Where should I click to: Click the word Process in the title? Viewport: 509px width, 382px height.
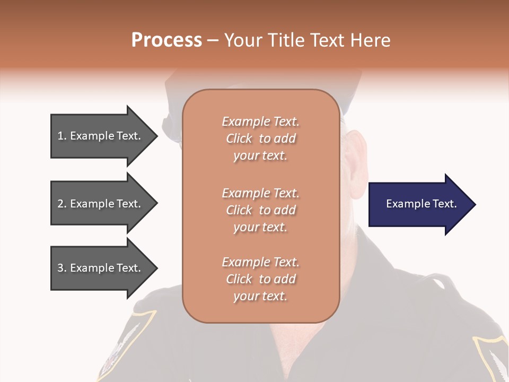pos(166,40)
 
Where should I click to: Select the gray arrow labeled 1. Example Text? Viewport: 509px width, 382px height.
pos(101,136)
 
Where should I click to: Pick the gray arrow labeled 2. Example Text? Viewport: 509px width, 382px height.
pos(101,204)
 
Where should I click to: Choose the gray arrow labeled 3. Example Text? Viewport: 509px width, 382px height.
pos(101,268)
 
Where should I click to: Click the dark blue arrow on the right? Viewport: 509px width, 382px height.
pos(414,204)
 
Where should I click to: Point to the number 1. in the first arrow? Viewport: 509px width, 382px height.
pos(62,136)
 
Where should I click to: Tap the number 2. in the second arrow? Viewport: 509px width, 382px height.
pos(62,204)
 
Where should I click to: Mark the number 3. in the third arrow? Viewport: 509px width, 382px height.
pos(62,268)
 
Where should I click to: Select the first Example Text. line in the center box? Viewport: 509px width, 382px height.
pos(260,121)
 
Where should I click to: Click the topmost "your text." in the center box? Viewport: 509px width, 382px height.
pos(260,156)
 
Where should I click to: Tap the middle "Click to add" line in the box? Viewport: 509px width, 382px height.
pos(260,210)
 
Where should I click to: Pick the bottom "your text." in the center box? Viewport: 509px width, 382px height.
pos(260,297)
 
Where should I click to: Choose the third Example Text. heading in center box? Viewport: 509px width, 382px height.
pos(260,262)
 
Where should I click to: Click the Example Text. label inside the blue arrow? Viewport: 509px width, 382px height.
pos(421,204)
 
